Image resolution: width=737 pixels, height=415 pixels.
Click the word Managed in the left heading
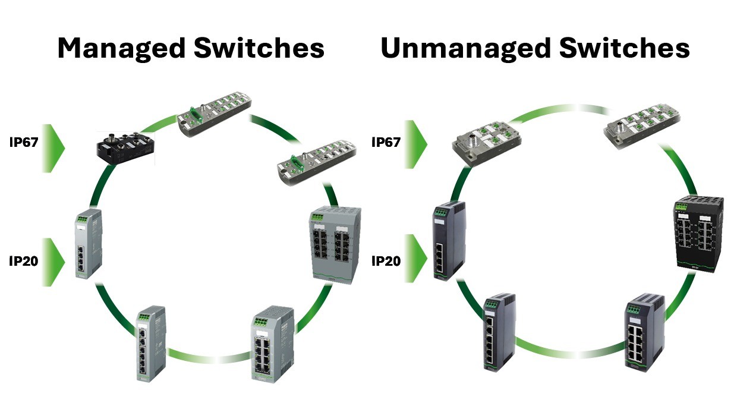(x=118, y=48)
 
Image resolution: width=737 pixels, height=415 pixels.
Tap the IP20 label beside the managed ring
(x=24, y=261)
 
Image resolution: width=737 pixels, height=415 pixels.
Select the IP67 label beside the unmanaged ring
(x=386, y=142)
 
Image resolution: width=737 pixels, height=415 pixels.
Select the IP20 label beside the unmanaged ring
(x=386, y=261)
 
